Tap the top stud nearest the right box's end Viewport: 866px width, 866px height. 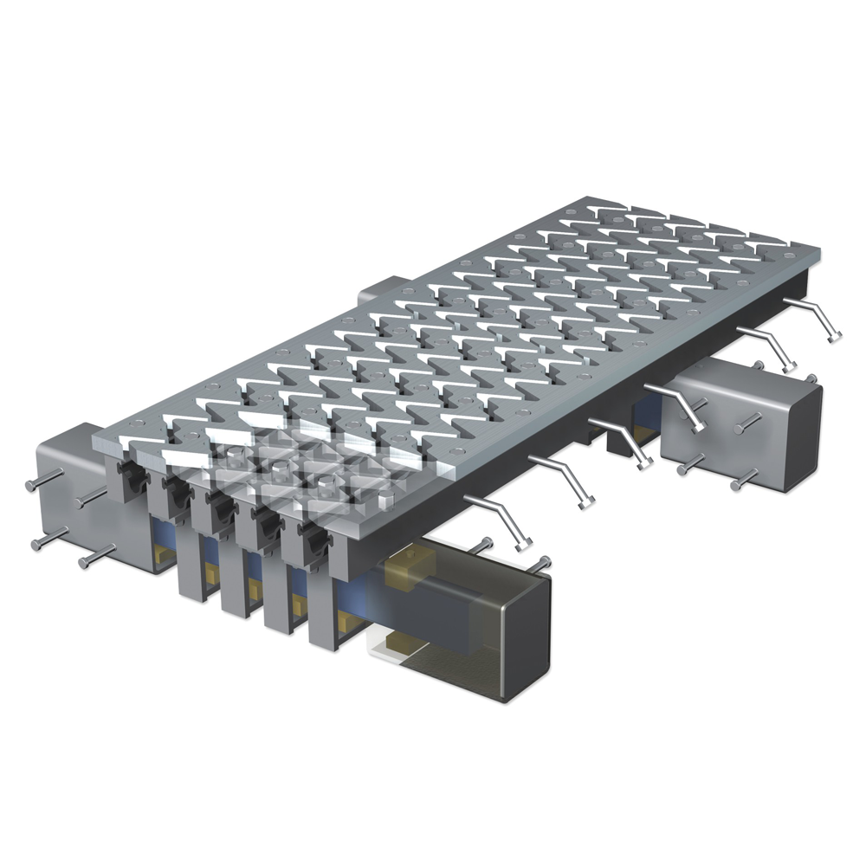tap(811, 378)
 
